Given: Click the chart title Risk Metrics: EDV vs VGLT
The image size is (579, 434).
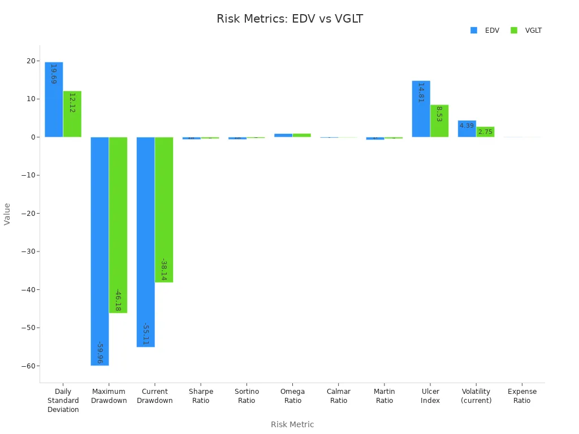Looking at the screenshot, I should click(289, 19).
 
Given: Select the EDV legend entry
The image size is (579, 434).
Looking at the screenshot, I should click(485, 31).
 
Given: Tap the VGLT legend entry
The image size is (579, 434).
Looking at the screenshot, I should click(526, 31).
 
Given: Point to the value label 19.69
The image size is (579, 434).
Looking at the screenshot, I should click(54, 74).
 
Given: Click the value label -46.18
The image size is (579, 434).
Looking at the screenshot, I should click(118, 300).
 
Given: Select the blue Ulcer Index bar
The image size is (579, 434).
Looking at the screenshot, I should click(421, 108).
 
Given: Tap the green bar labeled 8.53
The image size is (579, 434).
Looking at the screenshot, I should click(439, 120).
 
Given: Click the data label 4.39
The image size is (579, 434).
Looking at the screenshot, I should click(466, 125).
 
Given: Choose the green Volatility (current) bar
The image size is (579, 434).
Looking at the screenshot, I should click(485, 132).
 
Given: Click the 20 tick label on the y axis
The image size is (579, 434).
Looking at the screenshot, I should click(31, 61).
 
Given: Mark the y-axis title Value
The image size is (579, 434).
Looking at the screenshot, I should click(7, 214).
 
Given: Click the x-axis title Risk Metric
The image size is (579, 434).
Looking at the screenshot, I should click(292, 424).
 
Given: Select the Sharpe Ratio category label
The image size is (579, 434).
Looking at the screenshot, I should click(201, 396).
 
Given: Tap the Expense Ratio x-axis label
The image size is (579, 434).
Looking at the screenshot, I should click(522, 396).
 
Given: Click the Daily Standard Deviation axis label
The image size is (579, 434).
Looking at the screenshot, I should click(63, 401).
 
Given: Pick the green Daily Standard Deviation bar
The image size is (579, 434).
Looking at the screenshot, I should click(72, 114).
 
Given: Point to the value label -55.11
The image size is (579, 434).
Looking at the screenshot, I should click(145, 334).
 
